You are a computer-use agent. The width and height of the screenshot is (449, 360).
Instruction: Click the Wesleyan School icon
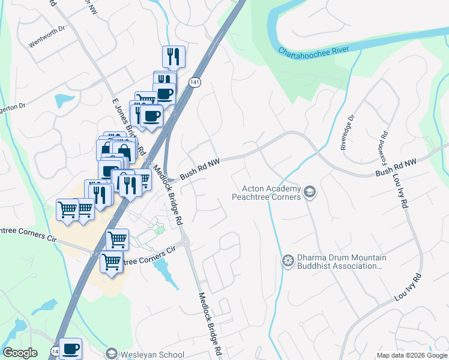click(111, 354)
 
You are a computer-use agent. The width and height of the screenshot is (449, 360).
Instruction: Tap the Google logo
click(20, 353)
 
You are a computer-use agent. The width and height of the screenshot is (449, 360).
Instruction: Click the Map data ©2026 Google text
click(411, 355)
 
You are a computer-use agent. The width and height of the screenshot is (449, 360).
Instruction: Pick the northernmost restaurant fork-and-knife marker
click(173, 56)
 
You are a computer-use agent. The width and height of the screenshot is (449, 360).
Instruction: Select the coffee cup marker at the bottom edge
click(70, 348)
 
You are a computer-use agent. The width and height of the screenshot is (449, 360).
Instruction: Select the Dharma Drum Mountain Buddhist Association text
click(342, 262)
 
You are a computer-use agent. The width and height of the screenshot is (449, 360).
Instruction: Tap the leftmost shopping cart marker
click(67, 209)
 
